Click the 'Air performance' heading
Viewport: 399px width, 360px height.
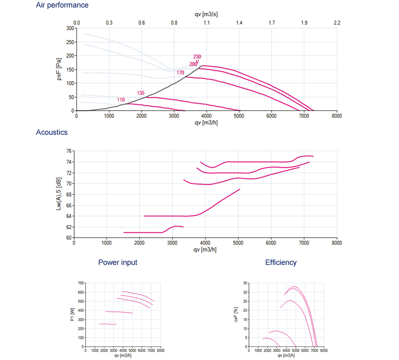click(62, 5)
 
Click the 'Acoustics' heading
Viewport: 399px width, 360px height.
click(51, 132)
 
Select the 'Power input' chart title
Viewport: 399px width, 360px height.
click(118, 262)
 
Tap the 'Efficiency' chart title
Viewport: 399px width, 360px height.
click(281, 262)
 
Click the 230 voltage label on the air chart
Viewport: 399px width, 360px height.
click(197, 57)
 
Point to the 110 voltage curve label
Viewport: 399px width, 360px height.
click(121, 99)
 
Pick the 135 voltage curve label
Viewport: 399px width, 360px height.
click(141, 93)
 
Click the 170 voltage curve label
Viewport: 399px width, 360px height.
click(180, 73)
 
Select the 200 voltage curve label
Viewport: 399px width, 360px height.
click(193, 64)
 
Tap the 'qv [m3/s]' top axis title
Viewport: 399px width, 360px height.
click(206, 14)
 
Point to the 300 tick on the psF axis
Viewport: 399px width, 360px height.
click(70, 29)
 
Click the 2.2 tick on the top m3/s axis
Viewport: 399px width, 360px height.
click(336, 23)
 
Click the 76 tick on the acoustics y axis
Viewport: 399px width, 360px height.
click(69, 151)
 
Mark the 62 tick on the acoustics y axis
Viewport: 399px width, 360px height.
click(69, 227)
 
